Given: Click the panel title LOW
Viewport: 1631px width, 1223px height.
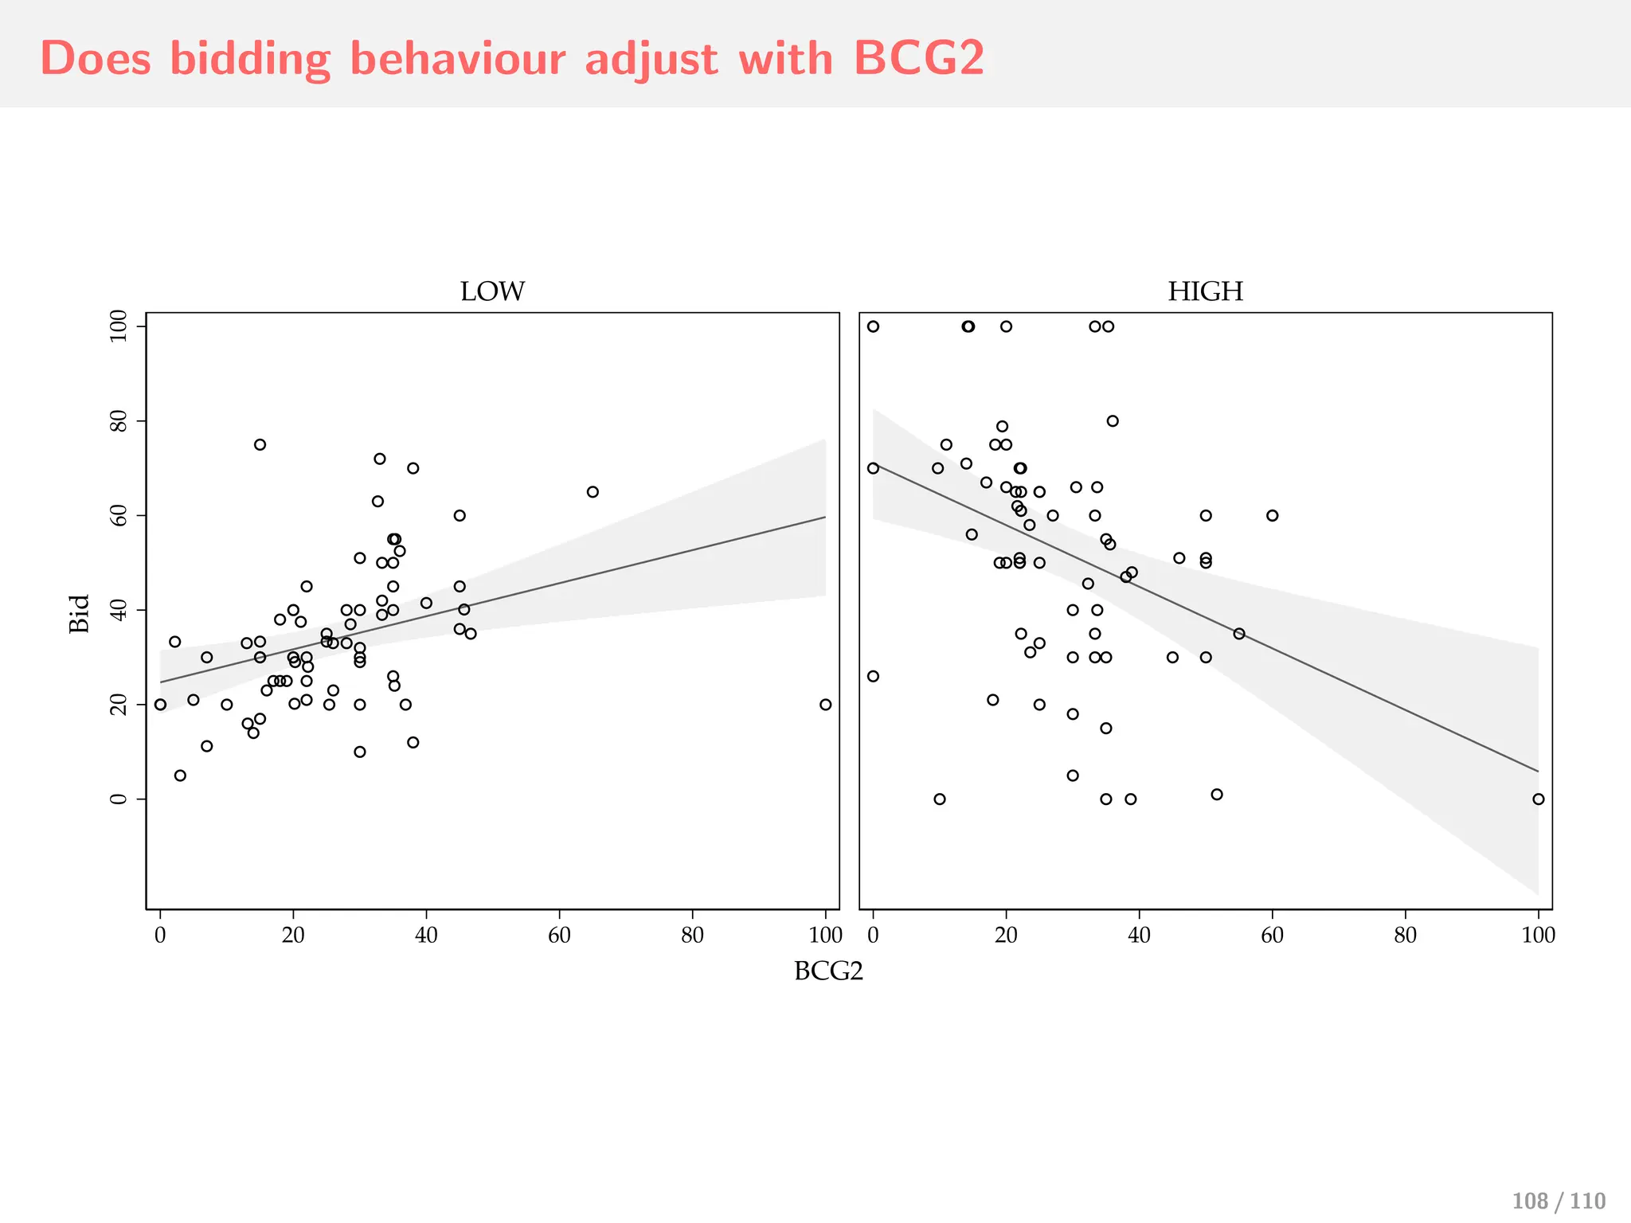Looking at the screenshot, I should click(x=492, y=291).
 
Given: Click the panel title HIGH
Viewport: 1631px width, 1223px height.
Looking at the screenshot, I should click(x=1205, y=291).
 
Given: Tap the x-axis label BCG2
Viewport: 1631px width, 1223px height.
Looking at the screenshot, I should click(x=828, y=971).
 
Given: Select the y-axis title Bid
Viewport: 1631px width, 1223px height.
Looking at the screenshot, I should click(x=80, y=613).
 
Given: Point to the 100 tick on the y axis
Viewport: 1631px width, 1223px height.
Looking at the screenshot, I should click(x=119, y=326).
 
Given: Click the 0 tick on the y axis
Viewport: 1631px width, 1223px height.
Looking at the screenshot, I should click(x=119, y=799).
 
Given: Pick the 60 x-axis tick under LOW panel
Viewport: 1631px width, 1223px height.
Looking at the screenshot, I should click(x=559, y=935).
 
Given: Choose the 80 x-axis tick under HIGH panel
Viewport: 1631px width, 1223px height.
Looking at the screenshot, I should click(x=1405, y=935).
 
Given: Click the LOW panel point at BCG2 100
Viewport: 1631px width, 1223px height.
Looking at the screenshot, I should click(x=825, y=705).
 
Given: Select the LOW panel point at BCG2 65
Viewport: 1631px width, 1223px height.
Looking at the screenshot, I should click(x=593, y=492).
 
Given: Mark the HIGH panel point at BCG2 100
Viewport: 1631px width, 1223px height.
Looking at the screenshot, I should click(x=1538, y=799).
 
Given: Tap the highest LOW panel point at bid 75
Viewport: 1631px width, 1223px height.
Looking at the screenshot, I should click(x=260, y=444).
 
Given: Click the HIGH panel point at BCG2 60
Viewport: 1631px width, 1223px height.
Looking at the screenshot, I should click(x=1272, y=515).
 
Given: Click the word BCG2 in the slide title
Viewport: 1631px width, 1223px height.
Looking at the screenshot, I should click(x=919, y=59).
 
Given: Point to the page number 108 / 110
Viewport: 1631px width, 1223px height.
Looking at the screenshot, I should click(x=1558, y=1201).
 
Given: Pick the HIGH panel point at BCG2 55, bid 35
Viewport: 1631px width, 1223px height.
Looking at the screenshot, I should click(x=1238, y=634).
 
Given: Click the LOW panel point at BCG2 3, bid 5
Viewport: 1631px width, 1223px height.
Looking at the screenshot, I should click(x=180, y=776).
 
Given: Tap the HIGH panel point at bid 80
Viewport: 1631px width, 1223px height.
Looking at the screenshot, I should click(x=1113, y=421).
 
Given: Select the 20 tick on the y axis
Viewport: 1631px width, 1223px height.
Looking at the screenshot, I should click(x=119, y=705).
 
